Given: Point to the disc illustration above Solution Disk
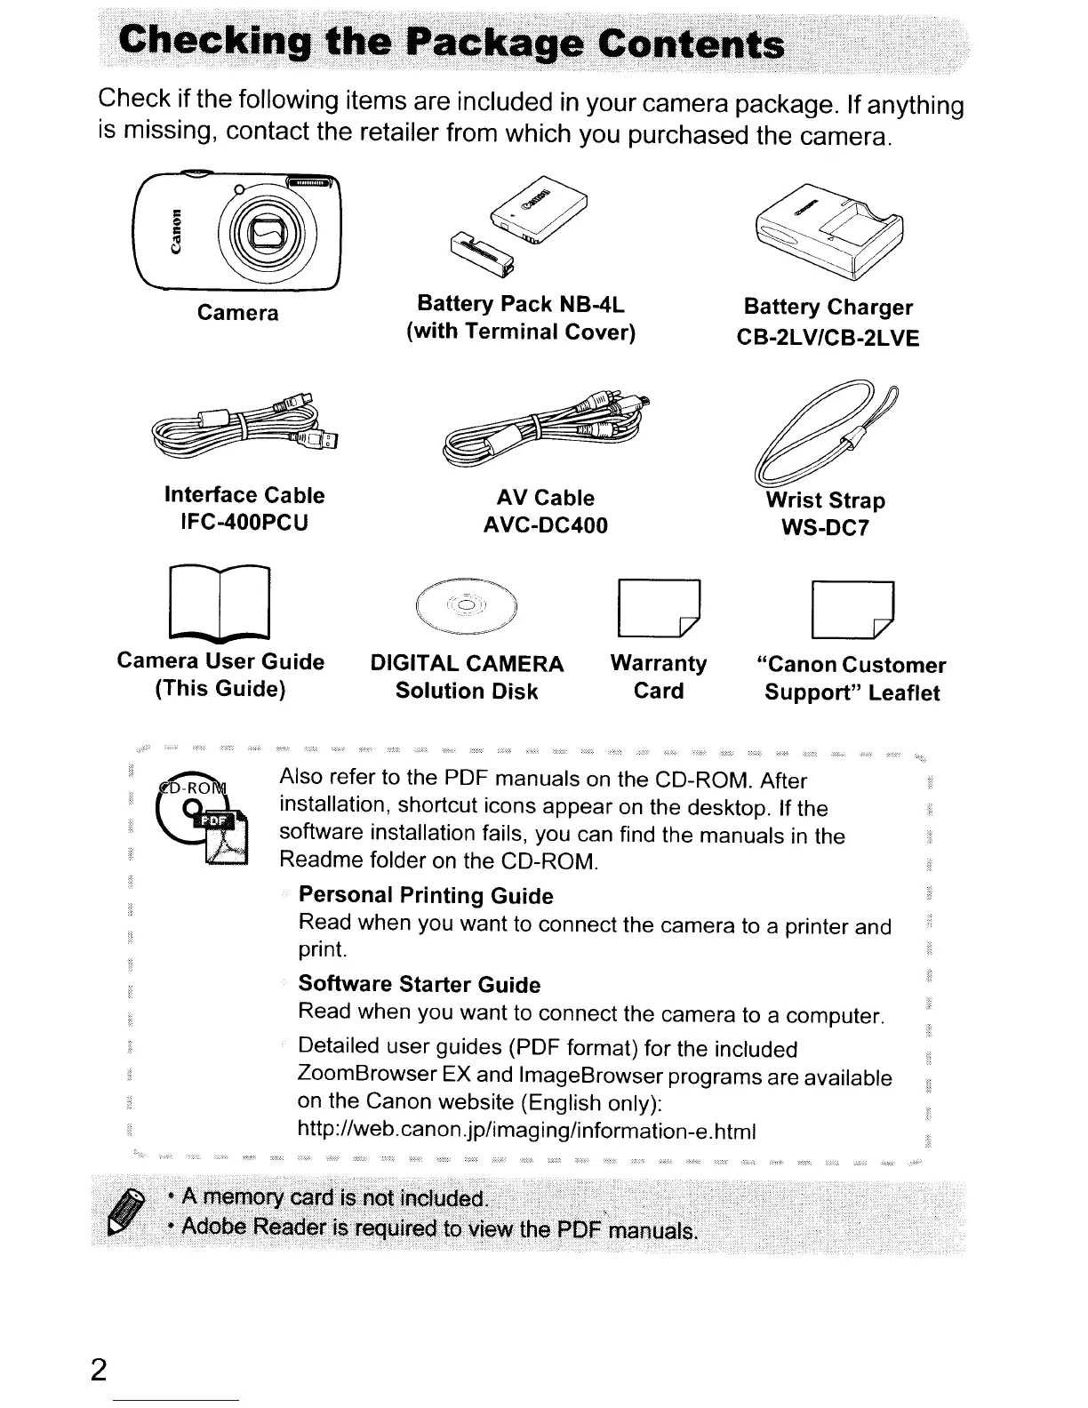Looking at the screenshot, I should (467, 607).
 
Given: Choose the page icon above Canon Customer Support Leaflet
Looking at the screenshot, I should (852, 610).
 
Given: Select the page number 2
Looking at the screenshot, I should (99, 1369).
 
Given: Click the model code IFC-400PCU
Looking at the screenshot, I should (244, 523).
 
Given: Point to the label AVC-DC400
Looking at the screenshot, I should (545, 525).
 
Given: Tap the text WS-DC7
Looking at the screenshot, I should (825, 529).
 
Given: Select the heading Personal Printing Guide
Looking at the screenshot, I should (426, 895).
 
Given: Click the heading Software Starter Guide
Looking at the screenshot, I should (420, 984).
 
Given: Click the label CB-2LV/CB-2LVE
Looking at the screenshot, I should (828, 338).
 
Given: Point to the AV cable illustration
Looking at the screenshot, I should (545, 431).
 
